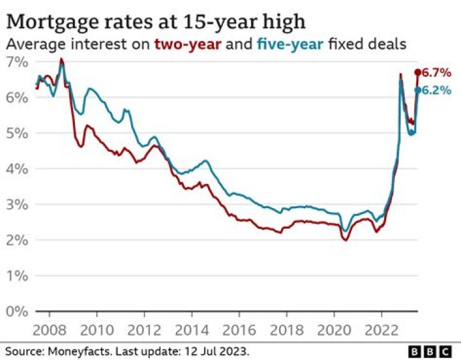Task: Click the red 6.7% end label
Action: [x=439, y=72]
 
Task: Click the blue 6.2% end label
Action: [x=439, y=90]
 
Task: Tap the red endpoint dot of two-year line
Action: [x=417, y=72]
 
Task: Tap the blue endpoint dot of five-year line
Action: [x=417, y=90]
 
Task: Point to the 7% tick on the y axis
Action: [x=17, y=62]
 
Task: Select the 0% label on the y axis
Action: [x=17, y=312]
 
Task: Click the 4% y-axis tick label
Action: [x=17, y=169]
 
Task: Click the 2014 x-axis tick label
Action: [x=191, y=332]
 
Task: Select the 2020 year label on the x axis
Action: [x=334, y=332]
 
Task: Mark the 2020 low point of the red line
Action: [x=345, y=240]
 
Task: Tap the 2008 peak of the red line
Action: [x=61, y=59]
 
